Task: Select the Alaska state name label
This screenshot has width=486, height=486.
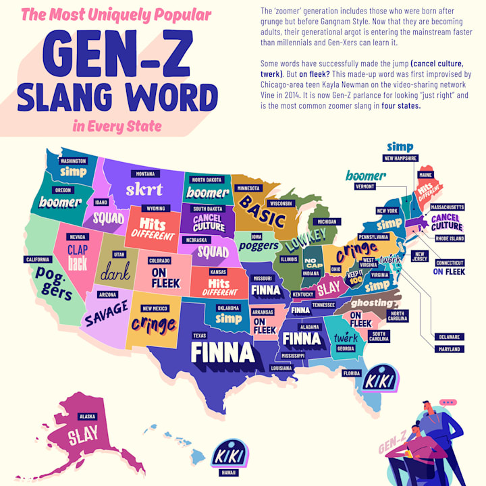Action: (x=86, y=416)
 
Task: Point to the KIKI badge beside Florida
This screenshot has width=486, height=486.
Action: (x=375, y=379)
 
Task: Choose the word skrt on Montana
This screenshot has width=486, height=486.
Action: (x=144, y=189)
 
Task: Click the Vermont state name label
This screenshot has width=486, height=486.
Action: (x=364, y=186)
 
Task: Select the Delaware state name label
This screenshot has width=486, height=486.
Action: (x=450, y=336)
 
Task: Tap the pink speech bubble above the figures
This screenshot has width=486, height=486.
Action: (x=447, y=403)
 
